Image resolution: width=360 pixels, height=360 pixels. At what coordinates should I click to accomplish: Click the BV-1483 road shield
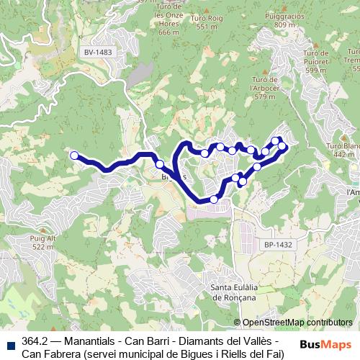tap(99, 53)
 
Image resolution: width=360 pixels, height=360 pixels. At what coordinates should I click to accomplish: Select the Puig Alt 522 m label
tap(42, 241)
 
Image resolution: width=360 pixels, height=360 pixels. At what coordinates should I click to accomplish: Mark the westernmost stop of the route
tap(73, 154)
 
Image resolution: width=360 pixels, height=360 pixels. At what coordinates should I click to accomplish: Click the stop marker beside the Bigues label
tap(159, 164)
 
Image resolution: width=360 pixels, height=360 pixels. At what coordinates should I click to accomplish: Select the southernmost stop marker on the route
tap(214, 199)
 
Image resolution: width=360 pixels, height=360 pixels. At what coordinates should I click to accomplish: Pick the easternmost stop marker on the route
tap(282, 146)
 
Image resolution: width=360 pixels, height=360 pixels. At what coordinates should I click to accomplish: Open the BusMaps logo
tap(325, 343)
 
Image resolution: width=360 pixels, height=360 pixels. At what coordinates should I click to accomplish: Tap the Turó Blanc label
tap(345, 149)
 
